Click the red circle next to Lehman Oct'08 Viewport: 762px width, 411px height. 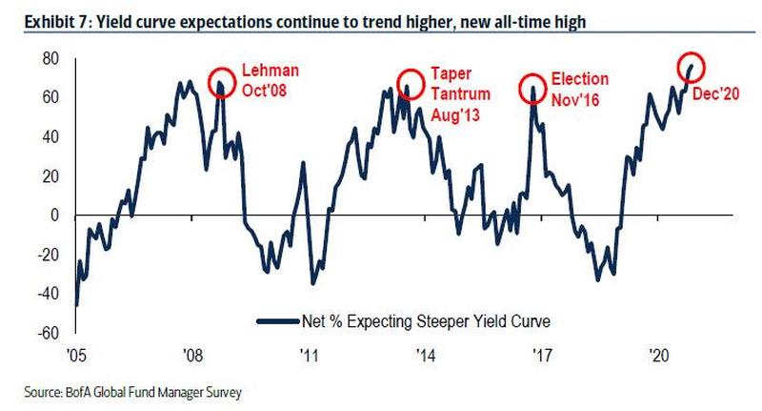click(x=220, y=81)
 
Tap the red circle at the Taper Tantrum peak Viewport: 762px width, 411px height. click(x=410, y=81)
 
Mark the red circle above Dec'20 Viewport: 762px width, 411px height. click(x=692, y=67)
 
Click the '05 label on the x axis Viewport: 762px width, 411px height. click(x=76, y=356)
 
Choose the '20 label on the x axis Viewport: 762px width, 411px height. click(x=656, y=356)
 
